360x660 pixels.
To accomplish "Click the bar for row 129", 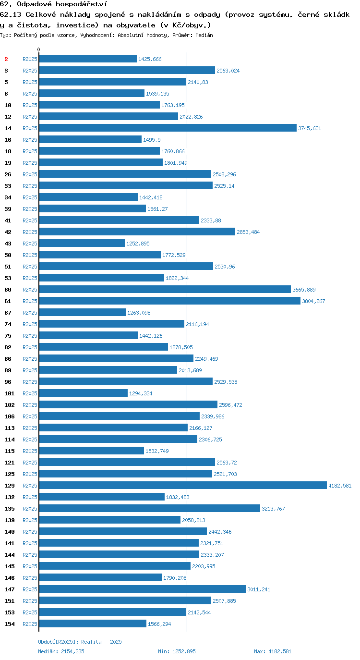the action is click(183, 485).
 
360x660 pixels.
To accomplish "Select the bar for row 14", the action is click(168, 128).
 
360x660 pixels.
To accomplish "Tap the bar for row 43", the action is click(82, 243).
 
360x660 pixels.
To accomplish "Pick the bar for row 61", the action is click(170, 301).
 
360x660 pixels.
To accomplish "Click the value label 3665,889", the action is click(304, 290).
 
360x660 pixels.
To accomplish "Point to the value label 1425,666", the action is click(150, 59).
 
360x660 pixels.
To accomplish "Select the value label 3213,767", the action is click(273, 509).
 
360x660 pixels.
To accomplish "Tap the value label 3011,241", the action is click(259, 589).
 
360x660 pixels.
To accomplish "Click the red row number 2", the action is click(6, 59).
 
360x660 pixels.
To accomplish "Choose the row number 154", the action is click(10, 624).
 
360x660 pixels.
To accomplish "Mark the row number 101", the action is click(10, 393).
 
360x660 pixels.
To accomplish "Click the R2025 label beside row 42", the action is click(30, 232).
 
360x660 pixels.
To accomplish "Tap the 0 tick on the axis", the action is click(38, 49).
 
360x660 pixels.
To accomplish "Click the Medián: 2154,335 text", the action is click(61, 651).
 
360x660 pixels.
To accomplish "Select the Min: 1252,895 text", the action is click(177, 651).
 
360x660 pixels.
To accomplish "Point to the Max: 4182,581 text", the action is click(273, 651).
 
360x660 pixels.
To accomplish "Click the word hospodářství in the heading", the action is click(82, 4).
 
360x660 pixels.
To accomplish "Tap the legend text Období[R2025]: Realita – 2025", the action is click(80, 642).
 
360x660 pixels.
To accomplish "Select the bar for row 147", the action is click(143, 589).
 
